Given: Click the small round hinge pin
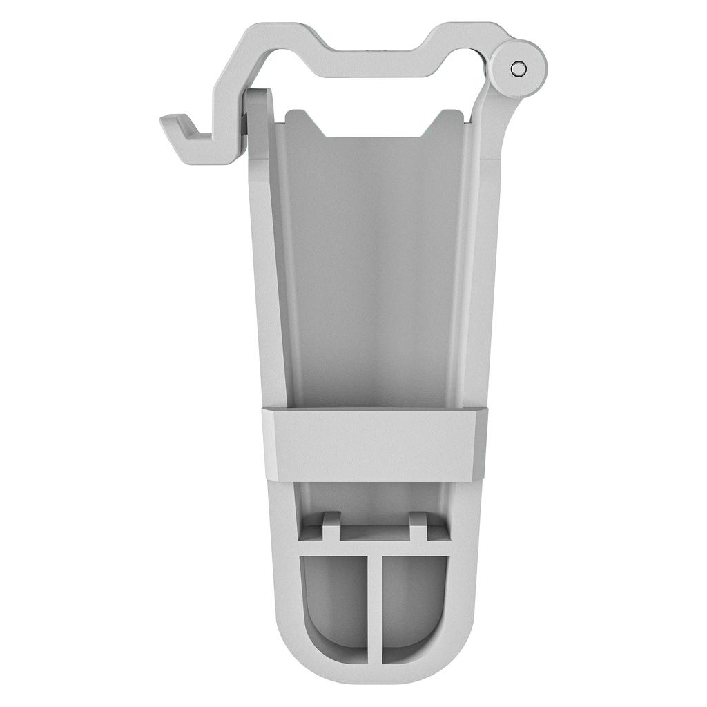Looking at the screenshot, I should (x=518, y=68).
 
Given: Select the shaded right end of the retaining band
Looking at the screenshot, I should (x=481, y=442).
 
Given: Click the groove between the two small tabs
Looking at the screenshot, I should (x=374, y=530).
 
